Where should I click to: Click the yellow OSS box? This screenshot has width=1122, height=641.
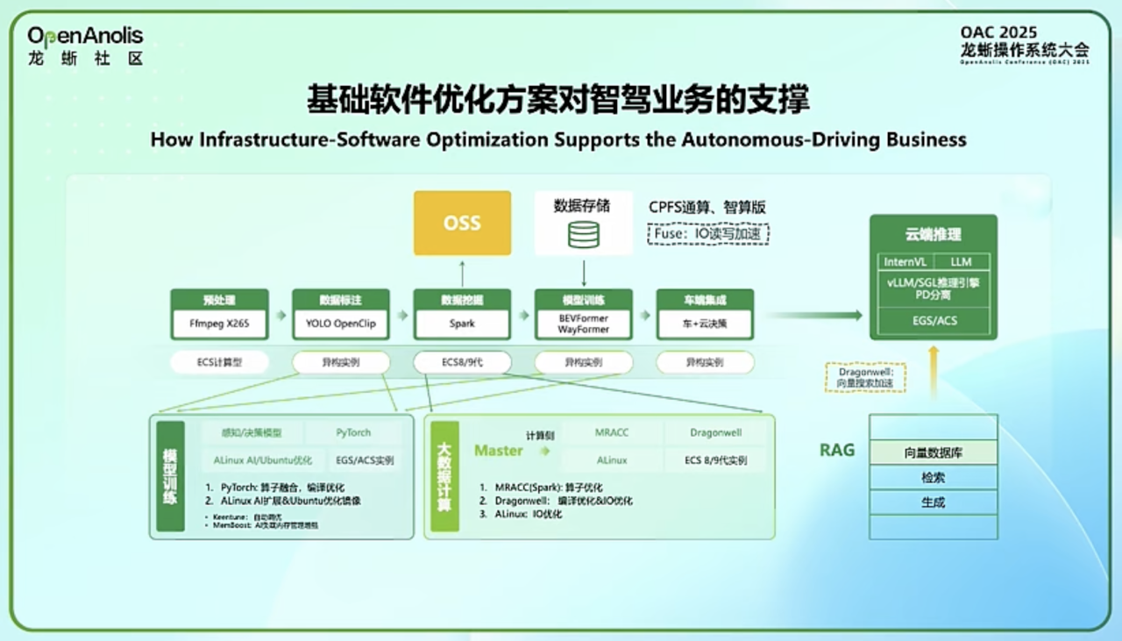(462, 223)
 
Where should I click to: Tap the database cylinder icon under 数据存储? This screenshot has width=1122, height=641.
(583, 234)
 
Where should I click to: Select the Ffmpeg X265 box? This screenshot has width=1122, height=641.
(219, 324)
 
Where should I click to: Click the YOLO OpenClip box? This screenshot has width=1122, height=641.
(341, 324)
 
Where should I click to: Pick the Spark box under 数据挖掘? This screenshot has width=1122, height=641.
(462, 324)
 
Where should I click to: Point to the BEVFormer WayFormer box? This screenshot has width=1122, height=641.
(583, 324)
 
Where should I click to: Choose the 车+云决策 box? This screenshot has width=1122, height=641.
(704, 324)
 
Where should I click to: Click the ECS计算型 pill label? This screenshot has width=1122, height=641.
(219, 362)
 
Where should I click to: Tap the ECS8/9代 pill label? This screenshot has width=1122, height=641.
(462, 362)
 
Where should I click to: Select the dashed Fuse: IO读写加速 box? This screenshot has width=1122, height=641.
(708, 233)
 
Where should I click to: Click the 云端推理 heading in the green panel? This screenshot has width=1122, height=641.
(933, 234)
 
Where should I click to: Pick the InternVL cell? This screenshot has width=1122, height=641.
(905, 261)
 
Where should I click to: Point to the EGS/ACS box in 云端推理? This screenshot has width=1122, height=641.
(933, 321)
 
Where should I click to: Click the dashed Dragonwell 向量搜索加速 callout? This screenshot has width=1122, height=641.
(864, 376)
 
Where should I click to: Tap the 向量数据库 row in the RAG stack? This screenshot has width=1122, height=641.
(933, 453)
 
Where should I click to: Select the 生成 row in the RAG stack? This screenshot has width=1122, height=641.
(933, 502)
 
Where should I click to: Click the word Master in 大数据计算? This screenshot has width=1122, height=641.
(498, 451)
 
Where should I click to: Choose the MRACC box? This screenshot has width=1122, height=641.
(612, 433)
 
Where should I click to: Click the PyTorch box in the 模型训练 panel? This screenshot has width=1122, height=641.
(353, 433)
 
